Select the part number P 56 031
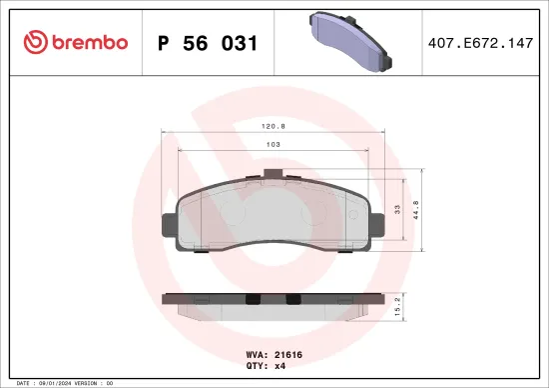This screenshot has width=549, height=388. tap(209, 43)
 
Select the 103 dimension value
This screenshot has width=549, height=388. tap(273, 145)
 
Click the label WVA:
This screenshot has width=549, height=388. tap(255, 353)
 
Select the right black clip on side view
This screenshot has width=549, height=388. tap(292, 299)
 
